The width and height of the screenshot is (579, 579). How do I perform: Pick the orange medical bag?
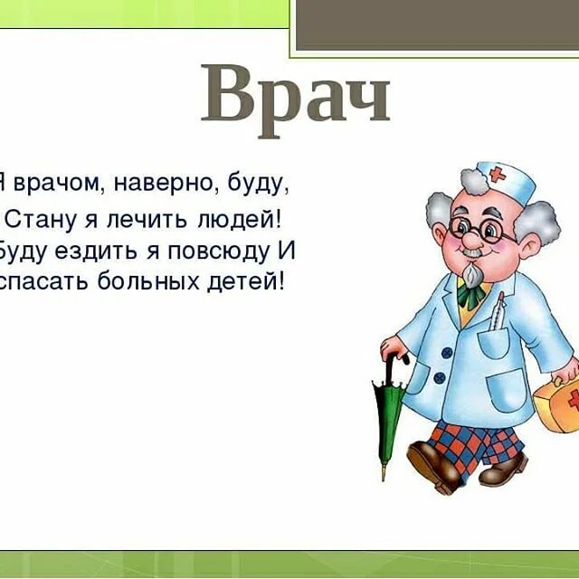click(555, 403)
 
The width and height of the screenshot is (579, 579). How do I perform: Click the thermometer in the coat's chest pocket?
click(498, 313)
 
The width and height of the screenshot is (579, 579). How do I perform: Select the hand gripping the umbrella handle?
click(392, 348)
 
